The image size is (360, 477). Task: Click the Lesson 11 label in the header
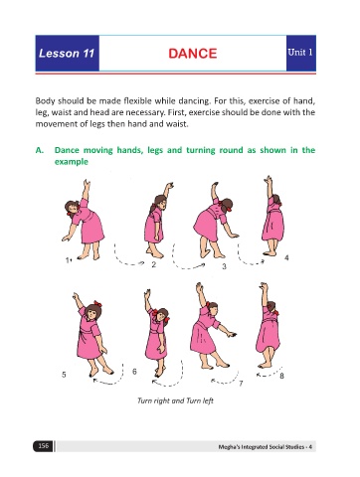point(67,54)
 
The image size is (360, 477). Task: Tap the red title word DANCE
point(193,54)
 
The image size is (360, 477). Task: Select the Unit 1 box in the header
point(300,53)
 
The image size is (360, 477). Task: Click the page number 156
point(43,446)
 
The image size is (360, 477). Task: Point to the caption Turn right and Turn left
point(175,400)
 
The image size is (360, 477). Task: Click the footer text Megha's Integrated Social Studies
point(265,447)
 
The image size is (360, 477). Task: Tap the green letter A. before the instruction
point(40,150)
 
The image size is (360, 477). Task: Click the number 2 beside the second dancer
point(153,264)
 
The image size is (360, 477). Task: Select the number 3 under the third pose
point(224,266)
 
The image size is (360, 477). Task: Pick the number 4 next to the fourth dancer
point(286,257)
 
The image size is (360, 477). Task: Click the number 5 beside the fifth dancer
point(64,375)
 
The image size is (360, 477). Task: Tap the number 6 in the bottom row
point(134,372)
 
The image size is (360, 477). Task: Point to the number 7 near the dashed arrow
point(241,384)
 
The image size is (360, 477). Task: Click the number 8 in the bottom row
point(281,376)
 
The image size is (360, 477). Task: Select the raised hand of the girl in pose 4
point(268,179)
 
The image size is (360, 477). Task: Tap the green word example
point(72,162)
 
